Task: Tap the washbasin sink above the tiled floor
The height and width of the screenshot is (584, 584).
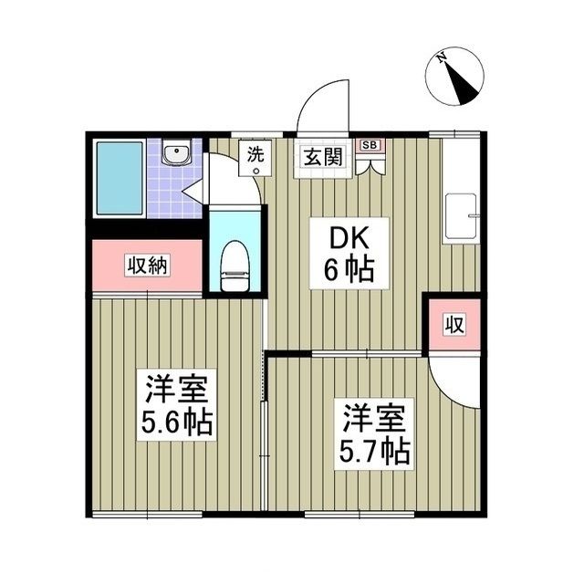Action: click(175, 153)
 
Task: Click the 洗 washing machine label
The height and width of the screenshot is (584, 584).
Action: click(256, 156)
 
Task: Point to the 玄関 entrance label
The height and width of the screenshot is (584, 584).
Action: click(322, 156)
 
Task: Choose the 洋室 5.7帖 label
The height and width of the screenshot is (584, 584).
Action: click(375, 432)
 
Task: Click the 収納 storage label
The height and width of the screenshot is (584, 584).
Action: click(146, 266)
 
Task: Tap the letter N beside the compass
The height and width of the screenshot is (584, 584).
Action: click(441, 58)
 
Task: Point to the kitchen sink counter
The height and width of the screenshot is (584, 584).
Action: click(461, 219)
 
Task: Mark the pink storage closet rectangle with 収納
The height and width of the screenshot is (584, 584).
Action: click(146, 266)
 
